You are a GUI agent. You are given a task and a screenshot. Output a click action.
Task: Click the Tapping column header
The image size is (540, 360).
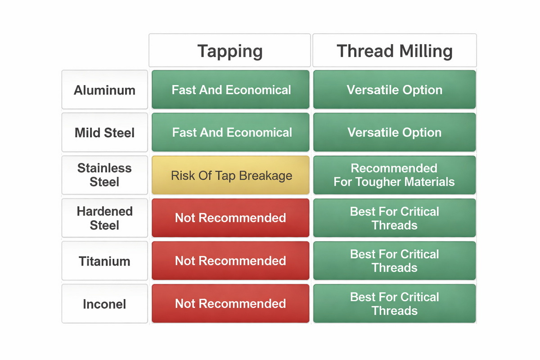pyautogui.click(x=230, y=50)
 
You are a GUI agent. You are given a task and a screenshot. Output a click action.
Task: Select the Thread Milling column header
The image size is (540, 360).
pyautogui.click(x=394, y=50)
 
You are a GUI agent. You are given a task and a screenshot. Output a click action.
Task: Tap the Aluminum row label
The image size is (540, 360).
pyautogui.click(x=104, y=90)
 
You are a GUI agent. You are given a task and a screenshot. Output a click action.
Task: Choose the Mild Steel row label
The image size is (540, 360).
pyautogui.click(x=104, y=133)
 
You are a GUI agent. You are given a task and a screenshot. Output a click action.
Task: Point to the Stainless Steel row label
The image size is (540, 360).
pyautogui.click(x=104, y=175)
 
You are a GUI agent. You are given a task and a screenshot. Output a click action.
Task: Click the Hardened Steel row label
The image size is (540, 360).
pyautogui.click(x=104, y=218)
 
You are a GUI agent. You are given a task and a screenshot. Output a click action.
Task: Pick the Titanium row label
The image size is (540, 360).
pyautogui.click(x=104, y=261)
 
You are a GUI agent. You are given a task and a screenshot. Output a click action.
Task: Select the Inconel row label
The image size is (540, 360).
pyautogui.click(x=104, y=304)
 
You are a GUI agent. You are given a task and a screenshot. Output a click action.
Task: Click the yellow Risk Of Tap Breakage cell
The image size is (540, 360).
pyautogui.click(x=230, y=175)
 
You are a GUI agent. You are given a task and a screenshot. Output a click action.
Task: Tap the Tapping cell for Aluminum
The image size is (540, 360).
pyautogui.click(x=230, y=90)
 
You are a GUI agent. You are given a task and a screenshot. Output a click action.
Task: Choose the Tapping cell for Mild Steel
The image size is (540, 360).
pyautogui.click(x=230, y=132)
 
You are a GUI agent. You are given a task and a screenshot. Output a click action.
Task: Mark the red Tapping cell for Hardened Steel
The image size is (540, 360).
pyautogui.click(x=230, y=218)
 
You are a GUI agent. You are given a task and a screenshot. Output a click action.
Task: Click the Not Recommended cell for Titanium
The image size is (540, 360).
pyautogui.click(x=230, y=261)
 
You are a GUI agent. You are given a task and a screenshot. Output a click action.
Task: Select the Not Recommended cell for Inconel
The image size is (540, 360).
pyautogui.click(x=230, y=303)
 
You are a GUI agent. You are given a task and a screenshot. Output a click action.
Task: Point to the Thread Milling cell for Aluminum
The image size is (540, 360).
pyautogui.click(x=394, y=90)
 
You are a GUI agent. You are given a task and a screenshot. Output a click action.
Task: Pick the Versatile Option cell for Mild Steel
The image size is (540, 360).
pyautogui.click(x=394, y=132)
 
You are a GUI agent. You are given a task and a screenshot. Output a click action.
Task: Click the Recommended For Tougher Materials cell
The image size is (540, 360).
pyautogui.click(x=394, y=175)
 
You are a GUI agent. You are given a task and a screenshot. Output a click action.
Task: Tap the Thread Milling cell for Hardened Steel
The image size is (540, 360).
pyautogui.click(x=394, y=218)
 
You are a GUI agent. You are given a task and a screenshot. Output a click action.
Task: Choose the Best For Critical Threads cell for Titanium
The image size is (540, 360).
pyautogui.click(x=394, y=261)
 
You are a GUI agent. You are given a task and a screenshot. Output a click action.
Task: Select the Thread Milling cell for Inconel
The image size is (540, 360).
pyautogui.click(x=394, y=303)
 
